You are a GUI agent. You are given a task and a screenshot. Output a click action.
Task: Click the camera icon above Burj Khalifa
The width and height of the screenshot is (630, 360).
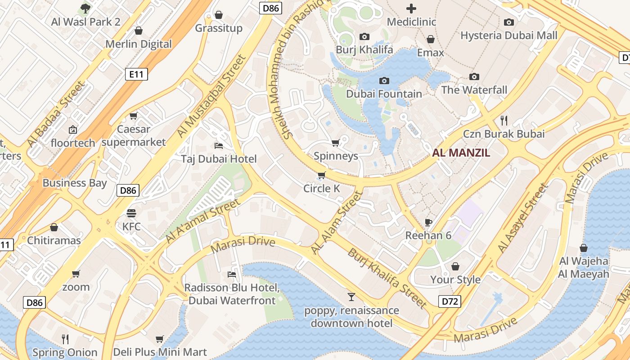coord(364,36)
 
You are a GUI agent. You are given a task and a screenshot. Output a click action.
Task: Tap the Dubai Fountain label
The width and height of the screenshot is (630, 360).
coord(384,94)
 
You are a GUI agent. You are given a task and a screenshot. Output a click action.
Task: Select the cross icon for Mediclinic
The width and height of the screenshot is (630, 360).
coord(411,8)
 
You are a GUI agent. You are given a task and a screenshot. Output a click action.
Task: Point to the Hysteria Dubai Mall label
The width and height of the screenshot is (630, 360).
coord(508,36)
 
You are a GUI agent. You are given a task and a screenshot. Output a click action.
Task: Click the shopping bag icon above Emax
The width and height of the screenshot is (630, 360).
coord(431,39)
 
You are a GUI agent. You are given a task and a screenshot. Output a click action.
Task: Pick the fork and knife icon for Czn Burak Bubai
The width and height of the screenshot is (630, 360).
coord(504,120)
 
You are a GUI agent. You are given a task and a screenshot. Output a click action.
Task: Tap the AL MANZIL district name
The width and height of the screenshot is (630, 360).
coord(461,153)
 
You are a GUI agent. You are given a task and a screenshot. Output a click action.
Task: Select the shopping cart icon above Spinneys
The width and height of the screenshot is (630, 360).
coord(335,143)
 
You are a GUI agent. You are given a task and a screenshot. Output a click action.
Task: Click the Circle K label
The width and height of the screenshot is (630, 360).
coord(321,188)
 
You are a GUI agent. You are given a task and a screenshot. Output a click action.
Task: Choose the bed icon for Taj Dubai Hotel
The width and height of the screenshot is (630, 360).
coord(219,145)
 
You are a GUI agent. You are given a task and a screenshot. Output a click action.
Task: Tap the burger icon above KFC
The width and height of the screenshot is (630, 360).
coord(131,213)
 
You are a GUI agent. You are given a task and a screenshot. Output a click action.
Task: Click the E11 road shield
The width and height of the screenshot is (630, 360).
coord(136,74)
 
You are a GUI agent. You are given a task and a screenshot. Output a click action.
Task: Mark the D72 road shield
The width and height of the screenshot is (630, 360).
coord(450,301)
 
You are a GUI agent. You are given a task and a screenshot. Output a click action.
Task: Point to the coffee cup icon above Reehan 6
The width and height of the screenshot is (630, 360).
coord(428,222)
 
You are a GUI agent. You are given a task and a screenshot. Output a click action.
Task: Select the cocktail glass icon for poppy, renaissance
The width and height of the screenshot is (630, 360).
coord(351,297)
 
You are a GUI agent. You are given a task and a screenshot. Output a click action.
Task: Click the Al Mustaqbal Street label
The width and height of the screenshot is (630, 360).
coord(211,96)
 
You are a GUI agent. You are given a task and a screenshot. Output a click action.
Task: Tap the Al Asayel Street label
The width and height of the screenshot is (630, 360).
coord(523,217)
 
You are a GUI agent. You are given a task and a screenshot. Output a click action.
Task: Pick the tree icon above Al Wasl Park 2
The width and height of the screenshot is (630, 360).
coord(85,8)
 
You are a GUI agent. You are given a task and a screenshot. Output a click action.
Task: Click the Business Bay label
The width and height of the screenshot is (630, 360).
coord(75,183)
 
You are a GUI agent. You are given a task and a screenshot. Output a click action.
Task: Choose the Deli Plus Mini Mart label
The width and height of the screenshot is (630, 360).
coord(160,352)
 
